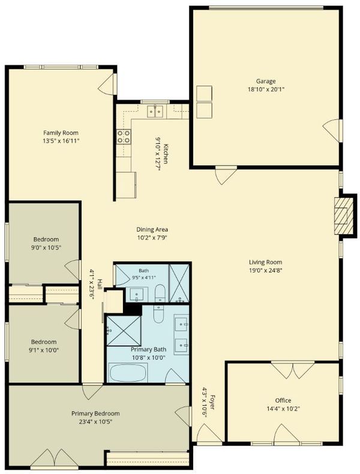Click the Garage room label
click(x=266, y=81)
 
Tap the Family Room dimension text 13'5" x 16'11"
click(x=61, y=140)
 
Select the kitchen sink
click(x=155, y=111)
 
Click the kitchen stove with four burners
click(x=124, y=136)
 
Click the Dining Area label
click(x=152, y=229)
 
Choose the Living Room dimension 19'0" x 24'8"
click(x=265, y=270)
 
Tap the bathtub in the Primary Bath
click(x=128, y=373)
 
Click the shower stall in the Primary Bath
click(x=124, y=331)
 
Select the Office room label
click(x=283, y=400)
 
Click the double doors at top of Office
click(x=293, y=370)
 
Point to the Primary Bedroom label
click(x=95, y=413)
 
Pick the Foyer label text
click(x=212, y=403)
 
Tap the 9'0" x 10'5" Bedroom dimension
click(x=46, y=247)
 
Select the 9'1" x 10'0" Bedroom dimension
click(x=44, y=350)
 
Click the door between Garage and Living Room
click(x=226, y=175)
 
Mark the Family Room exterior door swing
click(x=107, y=83)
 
